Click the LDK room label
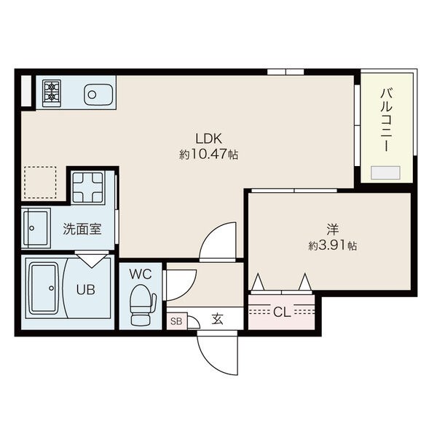[208, 138]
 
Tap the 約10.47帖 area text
[208, 154]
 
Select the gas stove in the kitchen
[52, 93]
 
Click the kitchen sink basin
[98, 95]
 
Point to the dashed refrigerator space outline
[40, 182]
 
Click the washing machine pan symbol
[87, 188]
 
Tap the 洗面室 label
[82, 229]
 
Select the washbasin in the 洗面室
[37, 228]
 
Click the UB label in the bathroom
[85, 290]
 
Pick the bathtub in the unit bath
[44, 288]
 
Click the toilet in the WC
[142, 305]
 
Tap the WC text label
[141, 275]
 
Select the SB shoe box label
[176, 321]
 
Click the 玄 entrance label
[217, 319]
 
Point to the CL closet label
[282, 312]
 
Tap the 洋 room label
[333, 229]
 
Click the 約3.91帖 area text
[333, 245]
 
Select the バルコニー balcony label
[387, 120]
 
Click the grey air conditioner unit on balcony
[386, 173]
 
